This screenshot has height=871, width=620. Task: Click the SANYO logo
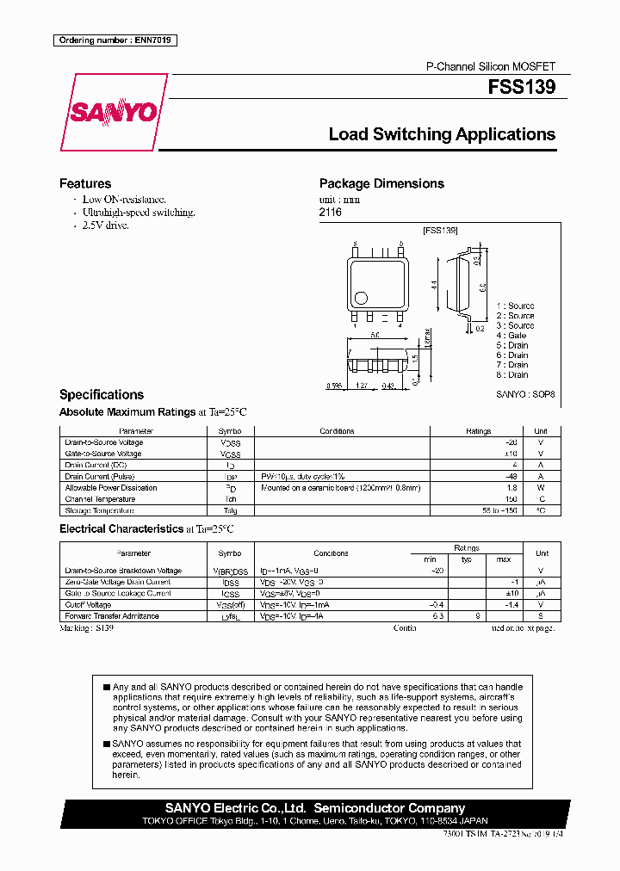pyautogui.click(x=114, y=113)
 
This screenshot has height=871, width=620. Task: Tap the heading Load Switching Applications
pyautogui.click(x=442, y=134)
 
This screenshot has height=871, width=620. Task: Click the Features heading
pyautogui.click(x=84, y=183)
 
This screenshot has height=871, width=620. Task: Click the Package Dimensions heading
pyautogui.click(x=381, y=183)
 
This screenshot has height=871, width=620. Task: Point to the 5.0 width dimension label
pyautogui.click(x=375, y=335)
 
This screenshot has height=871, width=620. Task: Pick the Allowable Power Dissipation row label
pyautogui.click(x=111, y=488)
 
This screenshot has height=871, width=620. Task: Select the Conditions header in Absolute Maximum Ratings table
pyautogui.click(x=337, y=431)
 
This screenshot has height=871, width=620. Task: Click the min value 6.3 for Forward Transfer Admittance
pyautogui.click(x=437, y=616)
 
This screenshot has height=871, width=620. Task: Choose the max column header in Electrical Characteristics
pyautogui.click(x=504, y=559)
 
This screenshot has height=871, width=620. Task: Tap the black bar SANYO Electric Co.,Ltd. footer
pyautogui.click(x=314, y=808)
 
